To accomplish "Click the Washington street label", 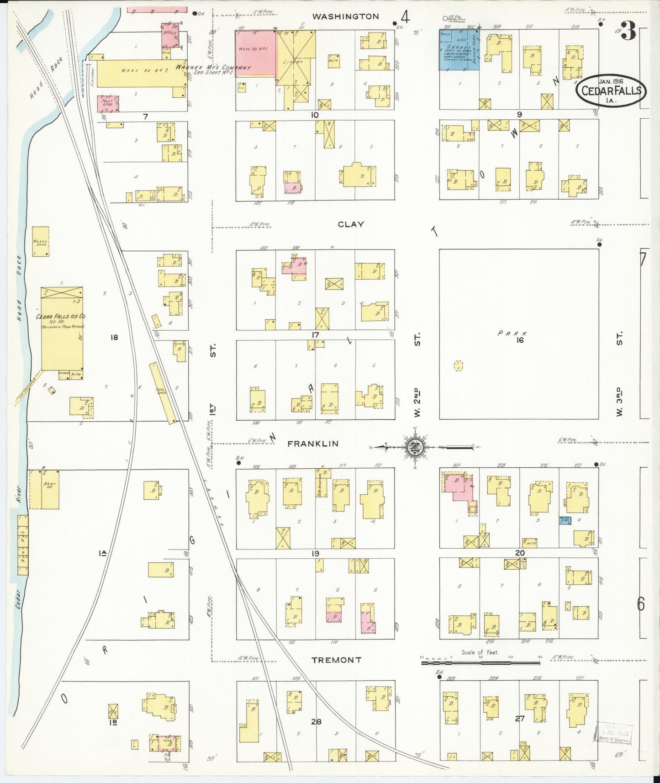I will tap(345, 16).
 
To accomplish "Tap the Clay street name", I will tap(351, 224).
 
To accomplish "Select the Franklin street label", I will tap(313, 444).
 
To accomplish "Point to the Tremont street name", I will tap(336, 660).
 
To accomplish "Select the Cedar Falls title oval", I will tap(612, 90).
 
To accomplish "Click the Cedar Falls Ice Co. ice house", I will tap(62, 329).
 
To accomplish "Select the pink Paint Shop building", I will tap(108, 103).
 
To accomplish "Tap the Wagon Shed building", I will tap(41, 241).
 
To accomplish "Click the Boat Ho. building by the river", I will tap(44, 489).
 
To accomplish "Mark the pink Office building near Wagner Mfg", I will tap(169, 35).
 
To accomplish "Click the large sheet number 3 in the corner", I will tap(628, 31).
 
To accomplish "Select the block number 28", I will tap(316, 722).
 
